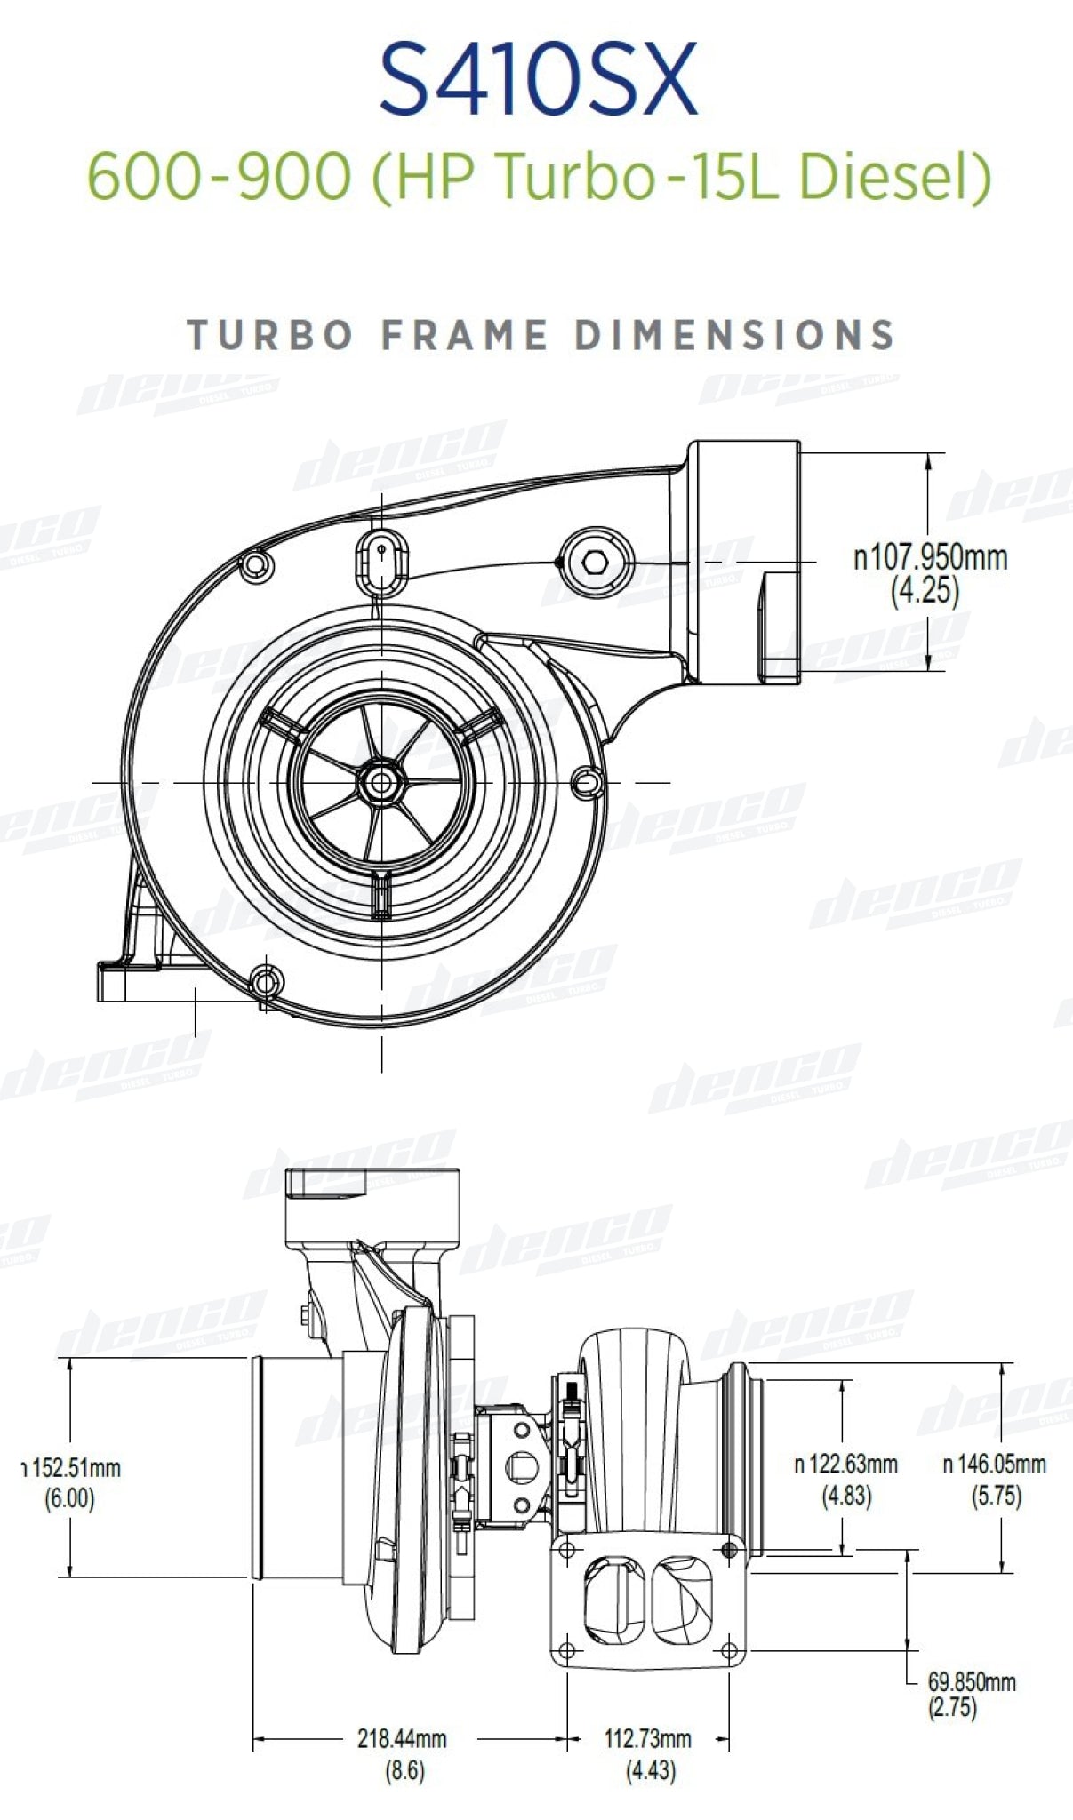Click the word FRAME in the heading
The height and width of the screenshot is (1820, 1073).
[x=464, y=335]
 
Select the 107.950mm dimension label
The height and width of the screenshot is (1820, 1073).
[x=931, y=558]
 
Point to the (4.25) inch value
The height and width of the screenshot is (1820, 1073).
[x=925, y=590]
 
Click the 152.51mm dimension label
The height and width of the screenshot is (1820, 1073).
[x=70, y=1467]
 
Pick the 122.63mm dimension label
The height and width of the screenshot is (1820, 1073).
[x=846, y=1464]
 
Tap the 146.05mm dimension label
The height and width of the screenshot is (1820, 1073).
[x=995, y=1464]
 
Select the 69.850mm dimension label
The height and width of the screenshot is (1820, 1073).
[x=972, y=1681]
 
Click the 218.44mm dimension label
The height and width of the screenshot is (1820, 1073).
[x=402, y=1738]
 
